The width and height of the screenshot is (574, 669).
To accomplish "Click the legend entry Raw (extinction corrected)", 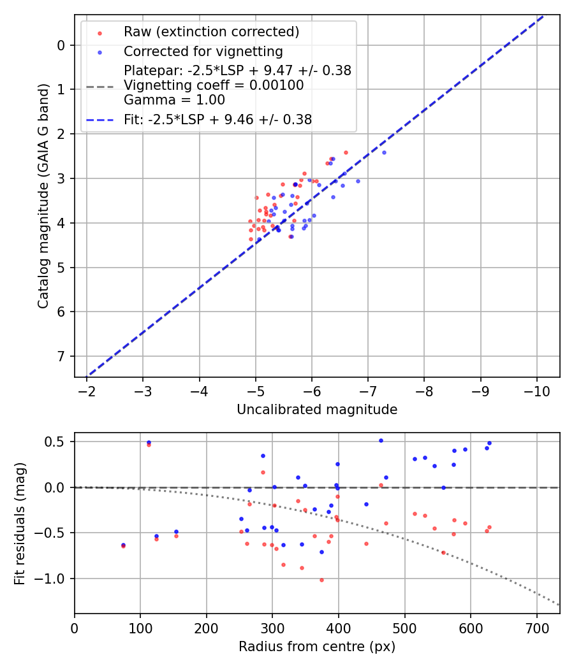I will (211, 32).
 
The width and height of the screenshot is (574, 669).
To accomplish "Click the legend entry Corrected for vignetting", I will (203, 51).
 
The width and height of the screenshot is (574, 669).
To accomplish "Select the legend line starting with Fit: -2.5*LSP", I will (217, 119).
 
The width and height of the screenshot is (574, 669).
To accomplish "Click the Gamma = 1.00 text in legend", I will (174, 100).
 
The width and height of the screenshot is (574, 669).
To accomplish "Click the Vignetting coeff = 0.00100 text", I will (214, 85).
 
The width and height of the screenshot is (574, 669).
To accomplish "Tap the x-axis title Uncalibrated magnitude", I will (317, 410).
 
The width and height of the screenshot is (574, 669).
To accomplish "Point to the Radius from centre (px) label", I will (317, 647).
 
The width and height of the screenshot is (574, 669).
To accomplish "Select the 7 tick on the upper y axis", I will (61, 356).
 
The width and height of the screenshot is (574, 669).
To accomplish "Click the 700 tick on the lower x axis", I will (536, 628).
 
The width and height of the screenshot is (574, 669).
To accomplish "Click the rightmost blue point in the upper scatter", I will (384, 152).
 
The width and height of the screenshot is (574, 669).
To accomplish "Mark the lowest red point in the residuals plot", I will (321, 580).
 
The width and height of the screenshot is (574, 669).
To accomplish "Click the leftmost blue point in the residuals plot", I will (123, 545).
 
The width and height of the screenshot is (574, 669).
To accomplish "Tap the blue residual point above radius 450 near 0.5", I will (381, 440).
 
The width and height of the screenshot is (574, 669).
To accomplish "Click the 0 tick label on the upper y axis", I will (61, 45).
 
